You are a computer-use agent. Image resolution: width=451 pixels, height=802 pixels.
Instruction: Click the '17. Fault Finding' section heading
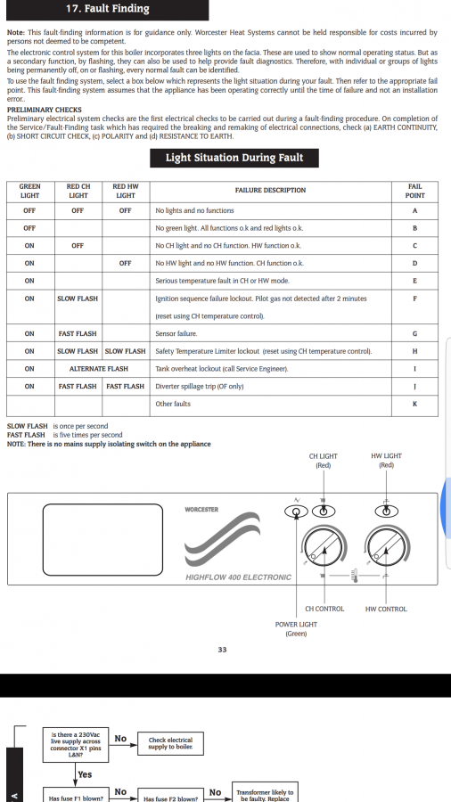[x=107, y=9]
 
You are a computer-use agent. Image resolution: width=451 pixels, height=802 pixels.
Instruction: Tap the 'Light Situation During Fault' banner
[x=234, y=158]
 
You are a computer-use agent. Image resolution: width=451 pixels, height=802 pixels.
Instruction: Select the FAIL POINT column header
[x=414, y=191]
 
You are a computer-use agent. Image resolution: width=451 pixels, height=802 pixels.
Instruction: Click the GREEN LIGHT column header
[x=29, y=191]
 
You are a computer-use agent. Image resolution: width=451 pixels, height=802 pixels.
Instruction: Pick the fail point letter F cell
[x=414, y=299]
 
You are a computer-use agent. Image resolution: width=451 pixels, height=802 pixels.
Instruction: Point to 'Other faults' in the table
[x=173, y=404]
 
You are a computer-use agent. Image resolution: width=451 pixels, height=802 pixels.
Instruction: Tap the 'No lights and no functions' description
[x=194, y=210]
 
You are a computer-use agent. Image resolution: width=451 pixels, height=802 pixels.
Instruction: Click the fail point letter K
[x=414, y=404]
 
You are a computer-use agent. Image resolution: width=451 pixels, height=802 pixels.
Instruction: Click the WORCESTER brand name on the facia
[x=201, y=510]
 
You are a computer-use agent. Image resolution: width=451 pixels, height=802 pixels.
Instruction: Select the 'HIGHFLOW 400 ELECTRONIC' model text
[x=238, y=577]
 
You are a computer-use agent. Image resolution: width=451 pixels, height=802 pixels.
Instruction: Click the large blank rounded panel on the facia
[x=102, y=540]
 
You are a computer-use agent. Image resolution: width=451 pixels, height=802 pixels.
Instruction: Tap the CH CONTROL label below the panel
[x=324, y=610]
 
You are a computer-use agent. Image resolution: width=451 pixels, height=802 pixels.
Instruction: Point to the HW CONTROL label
[x=386, y=610]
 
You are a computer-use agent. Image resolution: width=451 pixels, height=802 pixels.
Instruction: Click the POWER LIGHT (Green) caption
[x=296, y=629]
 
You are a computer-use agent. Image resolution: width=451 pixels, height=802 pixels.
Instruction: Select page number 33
[x=222, y=651]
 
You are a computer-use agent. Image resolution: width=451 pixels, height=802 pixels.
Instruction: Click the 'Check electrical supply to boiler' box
[x=171, y=744]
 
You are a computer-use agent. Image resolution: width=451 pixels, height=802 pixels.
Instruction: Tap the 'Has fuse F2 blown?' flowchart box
[x=171, y=795]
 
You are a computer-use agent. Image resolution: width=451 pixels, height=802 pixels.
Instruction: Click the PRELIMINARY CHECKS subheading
[x=45, y=110]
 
